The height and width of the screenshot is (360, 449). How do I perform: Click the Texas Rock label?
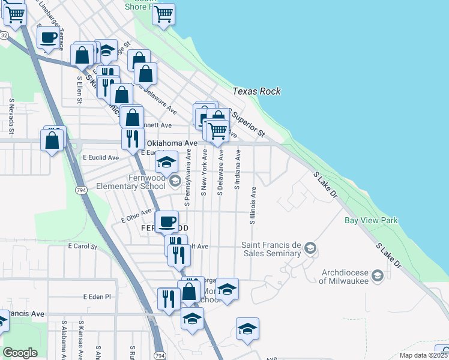tap(257, 91)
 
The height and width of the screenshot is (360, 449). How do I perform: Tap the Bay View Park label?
tap(371, 220)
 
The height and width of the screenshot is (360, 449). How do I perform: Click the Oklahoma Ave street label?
tap(172, 143)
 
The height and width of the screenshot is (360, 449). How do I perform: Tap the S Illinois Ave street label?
tap(253, 206)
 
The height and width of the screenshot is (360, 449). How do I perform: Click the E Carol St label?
tap(82, 246)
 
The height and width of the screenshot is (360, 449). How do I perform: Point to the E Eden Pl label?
tap(97, 296)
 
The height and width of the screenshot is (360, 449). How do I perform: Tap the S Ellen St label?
tap(79, 89)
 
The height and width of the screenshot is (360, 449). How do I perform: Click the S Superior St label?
tap(248, 122)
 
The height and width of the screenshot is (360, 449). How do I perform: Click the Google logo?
tap(20, 353)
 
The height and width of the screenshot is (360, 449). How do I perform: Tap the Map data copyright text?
tap(423, 355)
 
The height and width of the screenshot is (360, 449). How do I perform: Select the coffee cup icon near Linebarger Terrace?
tap(48, 38)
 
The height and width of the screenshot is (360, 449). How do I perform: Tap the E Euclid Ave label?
tap(100, 157)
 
